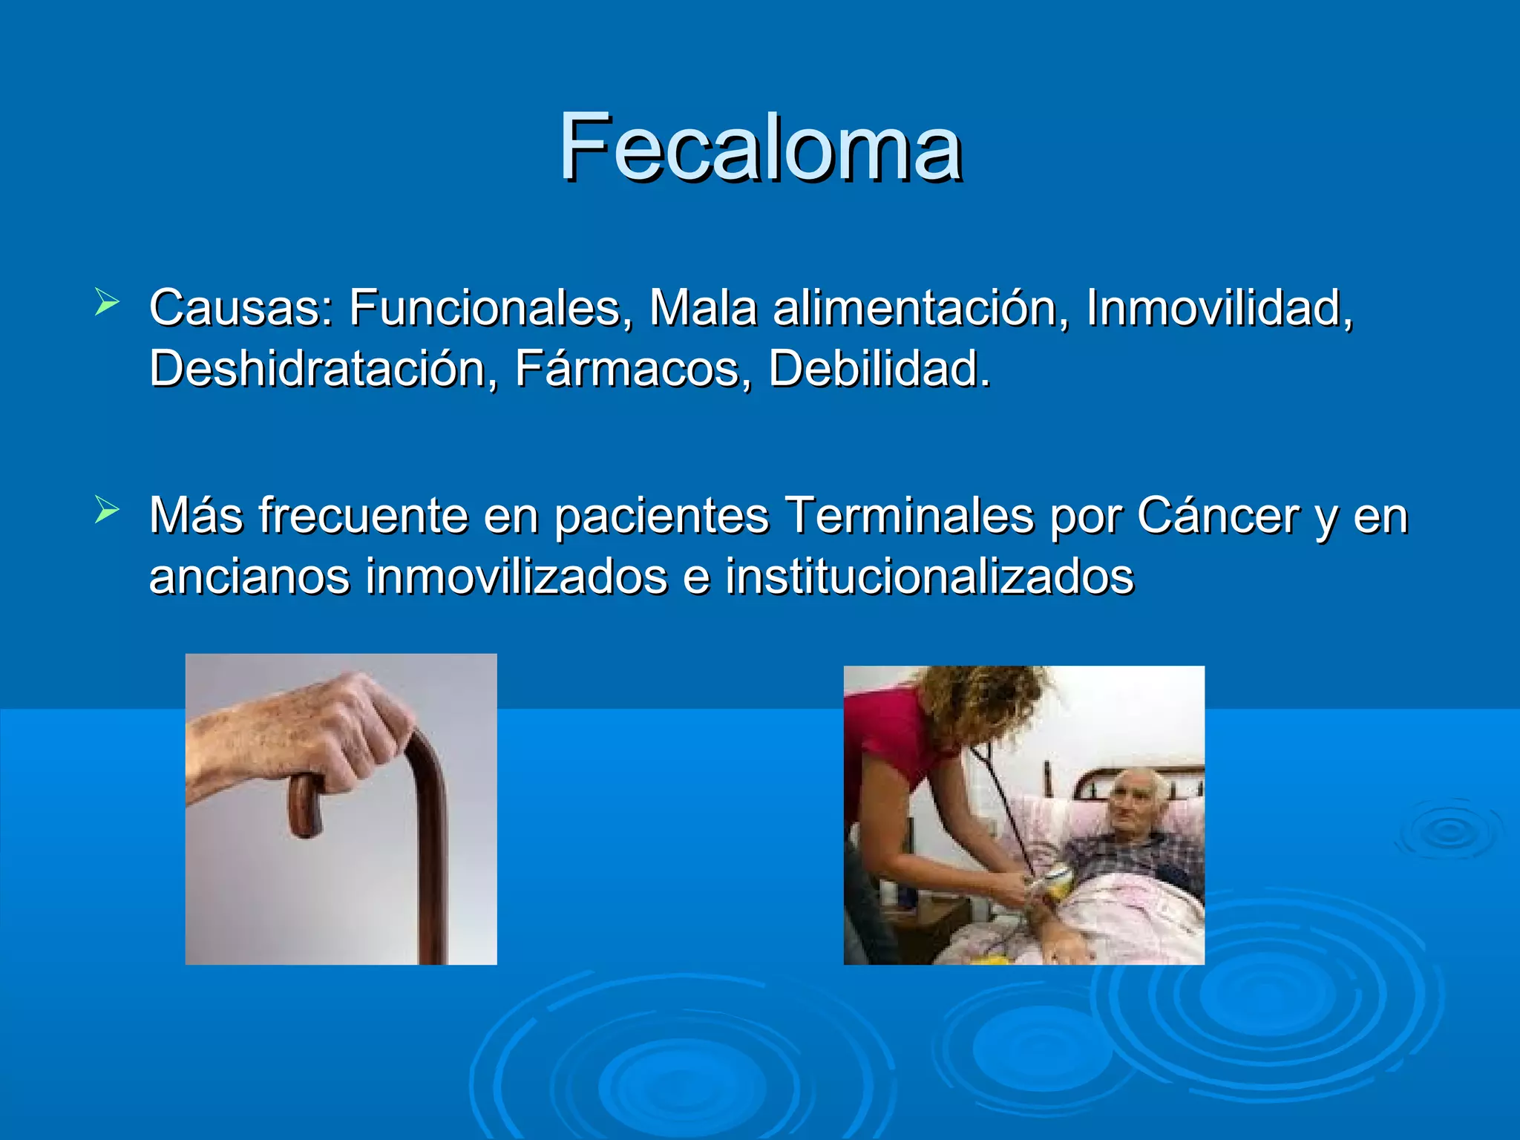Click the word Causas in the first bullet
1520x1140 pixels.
coord(241,307)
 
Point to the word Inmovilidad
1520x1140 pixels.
coord(1218,307)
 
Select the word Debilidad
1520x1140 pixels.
coord(878,369)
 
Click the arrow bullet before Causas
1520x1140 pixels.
coord(107,303)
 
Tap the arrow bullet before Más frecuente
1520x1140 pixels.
coord(107,511)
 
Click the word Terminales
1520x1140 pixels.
coord(908,515)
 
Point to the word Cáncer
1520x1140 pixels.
coord(1217,515)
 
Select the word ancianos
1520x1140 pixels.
coord(249,577)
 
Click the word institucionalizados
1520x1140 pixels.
coord(929,577)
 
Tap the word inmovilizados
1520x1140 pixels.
coord(517,577)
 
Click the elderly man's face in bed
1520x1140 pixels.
coord(1132,805)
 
